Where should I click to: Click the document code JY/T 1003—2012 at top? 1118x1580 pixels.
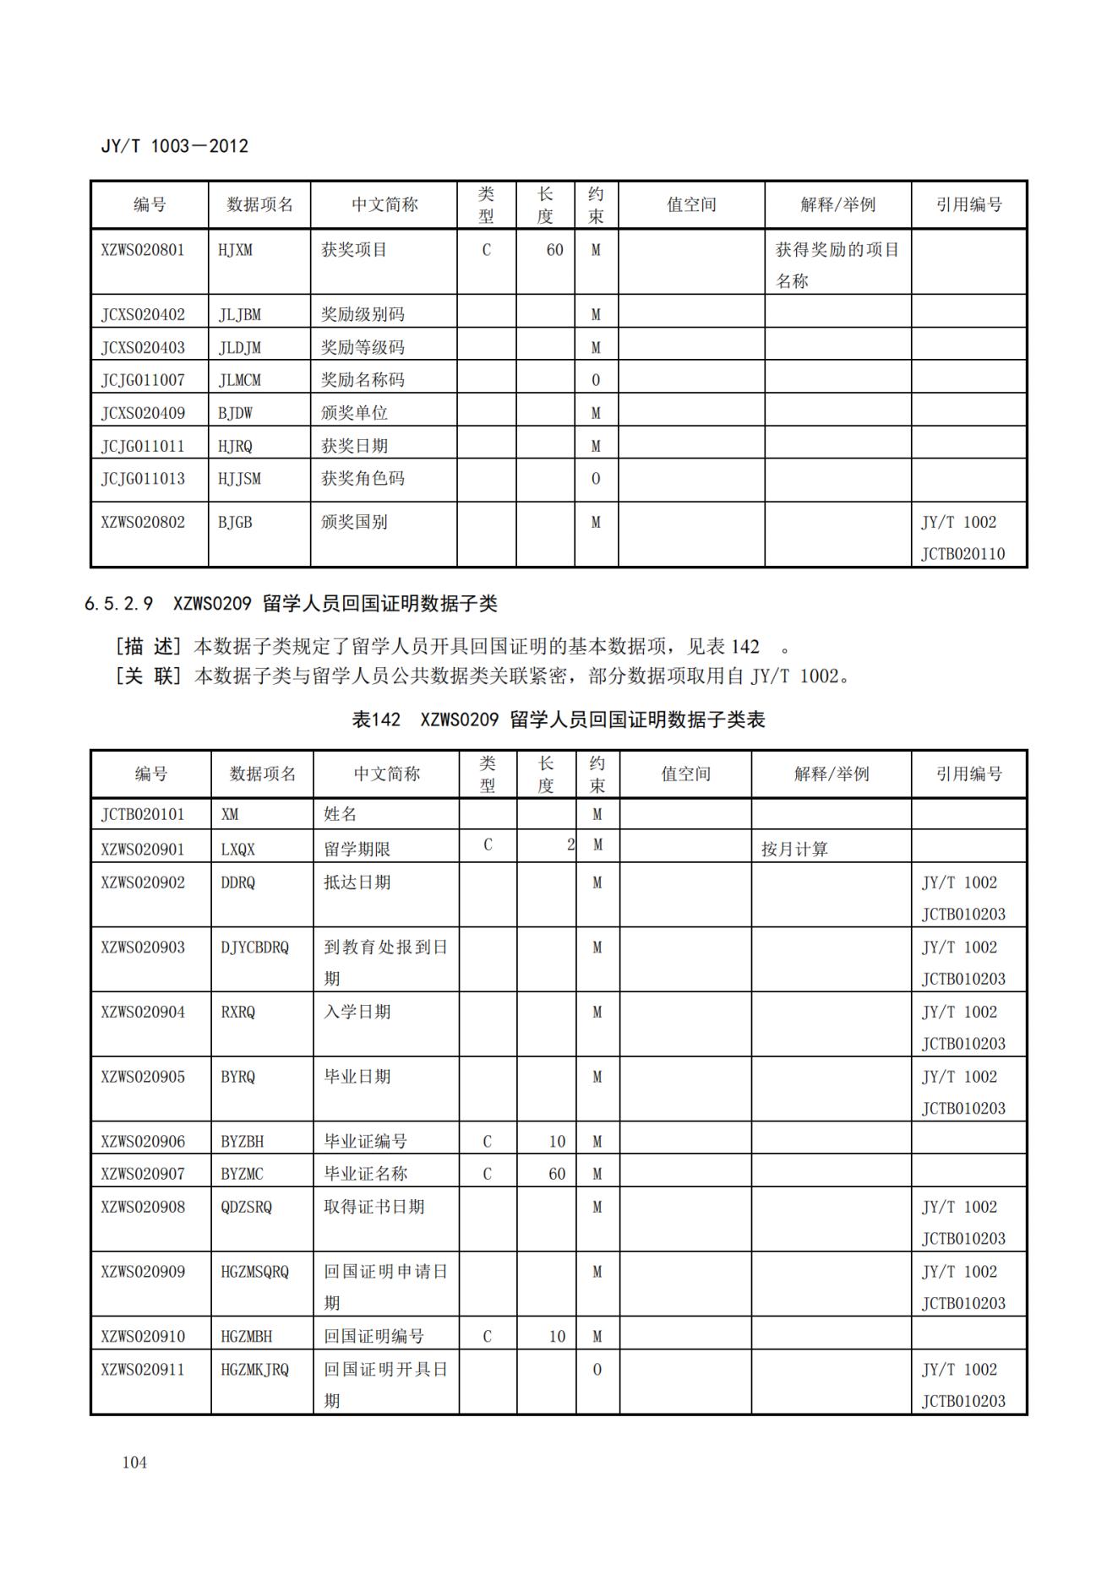174,146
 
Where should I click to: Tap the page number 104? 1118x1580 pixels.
134,1462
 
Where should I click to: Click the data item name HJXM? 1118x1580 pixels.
235,250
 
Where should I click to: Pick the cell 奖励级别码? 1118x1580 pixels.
363,315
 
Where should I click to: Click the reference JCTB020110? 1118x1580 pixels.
963,554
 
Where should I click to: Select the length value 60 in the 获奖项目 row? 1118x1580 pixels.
554,250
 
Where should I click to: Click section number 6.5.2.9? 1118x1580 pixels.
119,604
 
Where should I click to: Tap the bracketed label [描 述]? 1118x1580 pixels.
148,647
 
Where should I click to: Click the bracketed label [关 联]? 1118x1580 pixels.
148,676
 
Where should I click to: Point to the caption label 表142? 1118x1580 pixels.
376,719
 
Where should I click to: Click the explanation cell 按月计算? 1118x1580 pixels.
794,850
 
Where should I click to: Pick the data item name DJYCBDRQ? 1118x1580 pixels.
254,947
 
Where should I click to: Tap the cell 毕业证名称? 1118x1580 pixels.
366,1174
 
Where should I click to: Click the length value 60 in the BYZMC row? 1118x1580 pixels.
557,1174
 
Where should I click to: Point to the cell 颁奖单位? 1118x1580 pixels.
354,413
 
